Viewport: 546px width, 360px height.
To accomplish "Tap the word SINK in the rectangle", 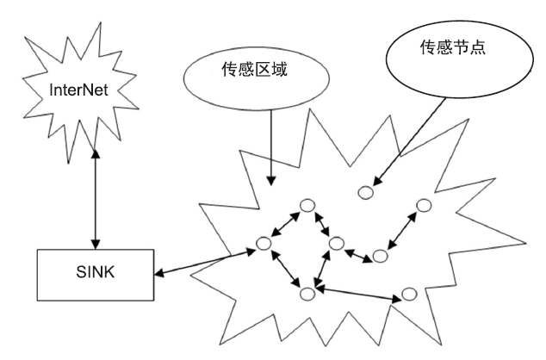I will coord(94,276).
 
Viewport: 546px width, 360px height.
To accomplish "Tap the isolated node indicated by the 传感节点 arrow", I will coord(368,190).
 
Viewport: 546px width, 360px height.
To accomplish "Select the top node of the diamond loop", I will coord(306,206).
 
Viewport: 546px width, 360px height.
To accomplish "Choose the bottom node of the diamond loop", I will coord(307,294).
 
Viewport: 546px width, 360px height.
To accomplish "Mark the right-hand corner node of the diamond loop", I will coord(337,245).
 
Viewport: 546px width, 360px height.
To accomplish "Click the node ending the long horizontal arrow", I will coord(411,296).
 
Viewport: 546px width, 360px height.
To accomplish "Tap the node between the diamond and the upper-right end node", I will coord(380,256).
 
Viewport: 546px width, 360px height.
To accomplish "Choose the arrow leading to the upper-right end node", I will coord(401,231).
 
